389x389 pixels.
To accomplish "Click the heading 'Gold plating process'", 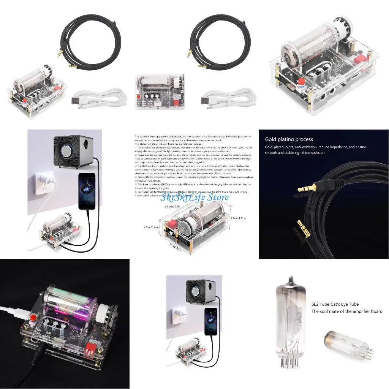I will pyautogui.click(x=289, y=139).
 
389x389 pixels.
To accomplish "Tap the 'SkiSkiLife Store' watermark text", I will pyautogui.click(x=194, y=198).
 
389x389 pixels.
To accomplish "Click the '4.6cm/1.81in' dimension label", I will pyautogui.click(x=238, y=218).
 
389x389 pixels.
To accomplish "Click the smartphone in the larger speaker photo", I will pyautogui.click(x=87, y=191).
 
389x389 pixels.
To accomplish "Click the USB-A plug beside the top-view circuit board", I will pyautogui.click(x=207, y=100).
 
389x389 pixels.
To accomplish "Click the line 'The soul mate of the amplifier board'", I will pyautogui.click(x=346, y=312).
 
